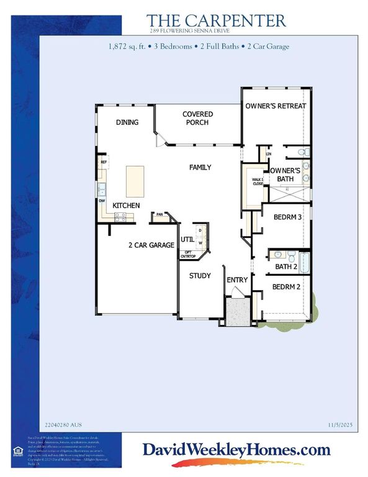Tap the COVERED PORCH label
coord(197,118)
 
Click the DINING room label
coord(127,122)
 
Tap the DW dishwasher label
coord(101,201)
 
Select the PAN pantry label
coord(159,215)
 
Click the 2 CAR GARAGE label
coord(151,245)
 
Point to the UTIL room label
coord(187,239)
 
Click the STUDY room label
coord(200,276)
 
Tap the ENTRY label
coord(237,280)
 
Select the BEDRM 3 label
coord(287,217)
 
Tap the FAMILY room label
coord(200,167)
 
